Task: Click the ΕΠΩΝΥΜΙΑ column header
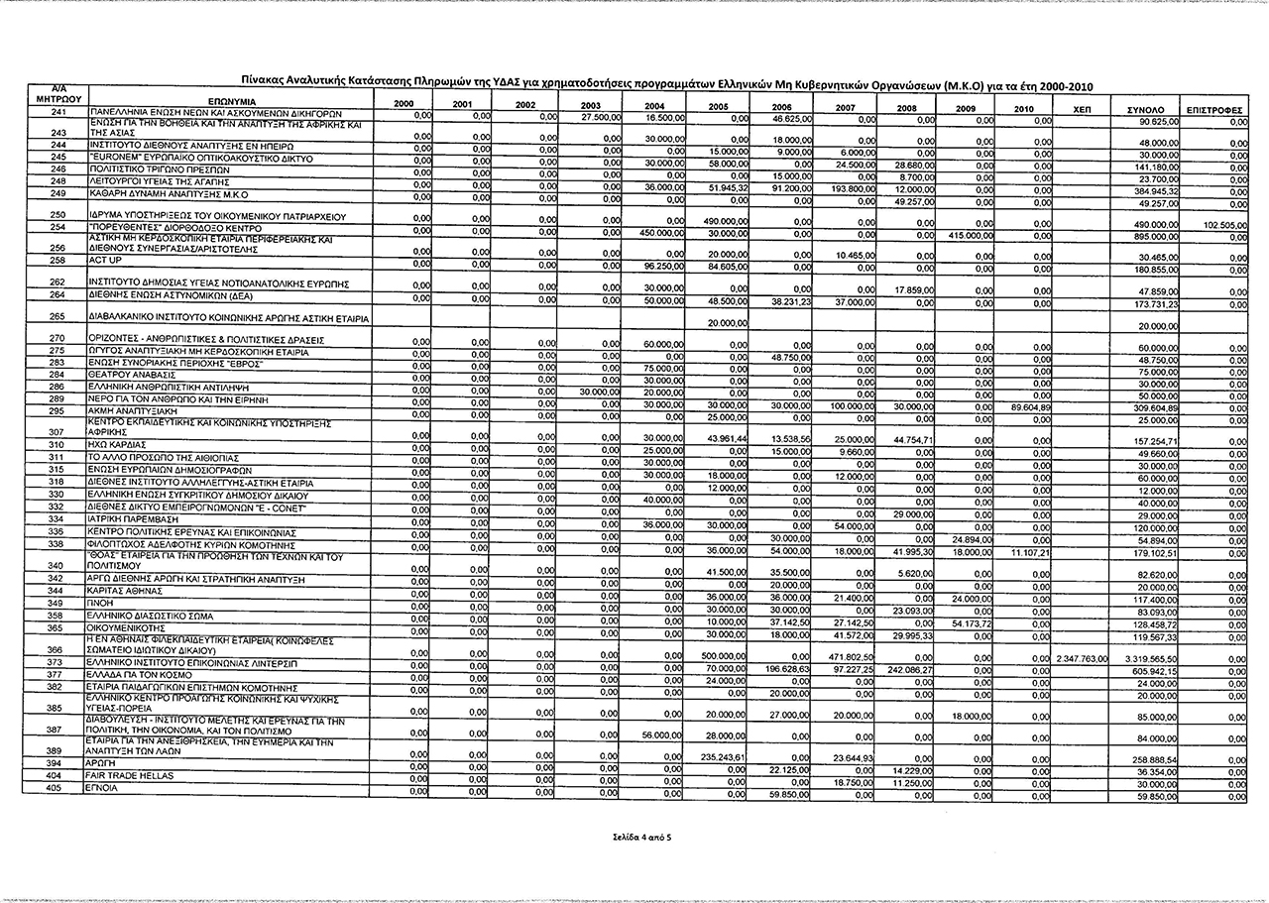(x=231, y=102)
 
